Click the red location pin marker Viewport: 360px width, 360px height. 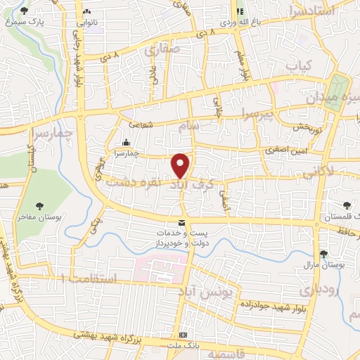tap(181, 165)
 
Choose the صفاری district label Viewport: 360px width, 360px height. tap(162, 50)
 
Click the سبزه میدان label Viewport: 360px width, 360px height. tap(330, 98)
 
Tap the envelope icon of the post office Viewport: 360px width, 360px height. tap(182, 223)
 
